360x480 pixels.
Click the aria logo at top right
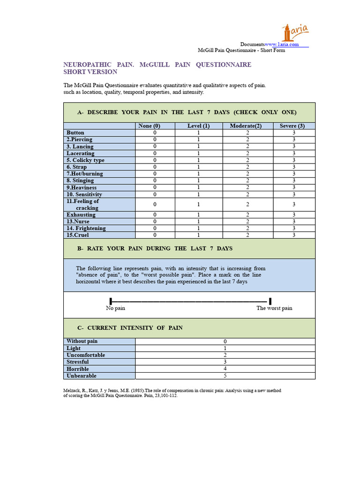295,32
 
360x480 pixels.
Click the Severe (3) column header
292,126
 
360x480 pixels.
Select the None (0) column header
150,126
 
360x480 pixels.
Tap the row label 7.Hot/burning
85,173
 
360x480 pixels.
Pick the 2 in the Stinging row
247,180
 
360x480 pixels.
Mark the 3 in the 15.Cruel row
294,235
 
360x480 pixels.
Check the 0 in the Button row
155,133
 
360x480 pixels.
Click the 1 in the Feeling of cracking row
198,204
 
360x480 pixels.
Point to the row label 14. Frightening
86,228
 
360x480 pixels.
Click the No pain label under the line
115,308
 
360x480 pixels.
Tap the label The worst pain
274,308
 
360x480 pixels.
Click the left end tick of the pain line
111,301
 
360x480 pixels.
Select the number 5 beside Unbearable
225,375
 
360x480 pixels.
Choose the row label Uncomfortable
86,355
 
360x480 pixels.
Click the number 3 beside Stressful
225,362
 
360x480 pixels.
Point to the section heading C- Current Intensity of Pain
130,328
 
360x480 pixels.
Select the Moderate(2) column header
246,126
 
